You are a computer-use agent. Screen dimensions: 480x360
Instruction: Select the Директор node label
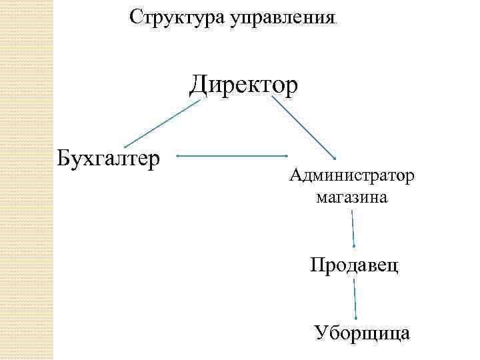tap(243, 86)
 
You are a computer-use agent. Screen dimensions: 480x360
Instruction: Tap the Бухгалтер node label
tap(109, 159)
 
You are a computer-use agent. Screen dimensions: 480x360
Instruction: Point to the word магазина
tap(352, 197)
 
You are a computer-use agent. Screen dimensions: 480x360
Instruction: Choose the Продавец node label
tap(354, 266)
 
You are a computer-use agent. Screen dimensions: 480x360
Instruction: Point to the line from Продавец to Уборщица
tap(355, 299)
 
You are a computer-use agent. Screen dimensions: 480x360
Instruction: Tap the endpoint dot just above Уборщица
tap(357, 319)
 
